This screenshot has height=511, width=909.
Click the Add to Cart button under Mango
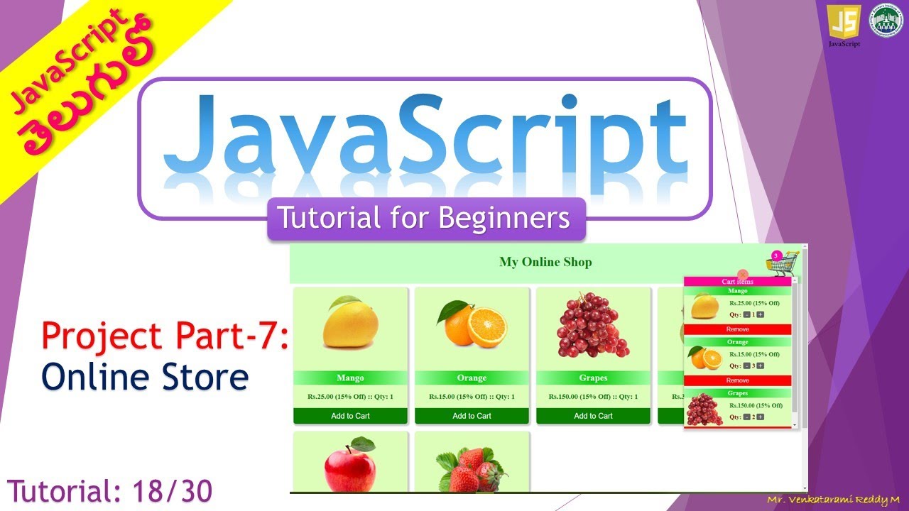coord(350,416)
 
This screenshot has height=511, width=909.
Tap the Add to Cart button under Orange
coord(472,416)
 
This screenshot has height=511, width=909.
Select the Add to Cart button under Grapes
coord(593,416)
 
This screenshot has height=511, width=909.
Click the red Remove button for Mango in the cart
coord(737,329)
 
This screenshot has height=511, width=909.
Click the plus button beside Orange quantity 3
coord(761,366)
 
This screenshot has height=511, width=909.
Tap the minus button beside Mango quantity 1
coord(746,314)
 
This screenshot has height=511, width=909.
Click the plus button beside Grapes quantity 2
coord(761,417)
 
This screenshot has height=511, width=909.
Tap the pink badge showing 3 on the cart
coord(776,255)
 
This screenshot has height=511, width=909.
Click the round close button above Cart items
coord(743,275)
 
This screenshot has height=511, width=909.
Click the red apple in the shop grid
coord(350,465)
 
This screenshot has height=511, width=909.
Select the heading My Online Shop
coord(545,262)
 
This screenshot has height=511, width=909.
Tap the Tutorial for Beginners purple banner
coord(426,219)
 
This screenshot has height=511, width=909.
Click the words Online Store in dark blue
coord(145,377)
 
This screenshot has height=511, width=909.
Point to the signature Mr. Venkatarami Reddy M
coord(833,500)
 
